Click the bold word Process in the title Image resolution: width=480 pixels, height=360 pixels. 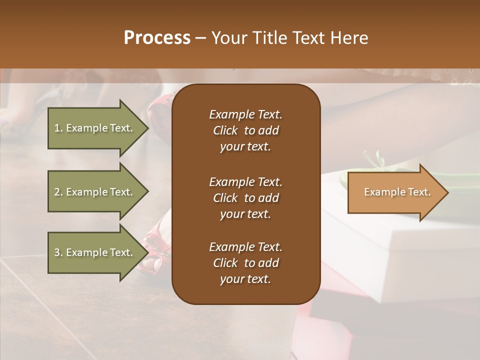[x=157, y=38]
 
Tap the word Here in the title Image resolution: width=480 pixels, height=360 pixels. [x=349, y=38]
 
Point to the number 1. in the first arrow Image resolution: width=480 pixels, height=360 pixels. [x=58, y=128]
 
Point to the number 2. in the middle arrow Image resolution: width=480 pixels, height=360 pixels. [x=58, y=192]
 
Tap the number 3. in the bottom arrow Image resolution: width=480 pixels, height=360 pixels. [x=58, y=252]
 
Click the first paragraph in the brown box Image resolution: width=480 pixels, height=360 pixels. [x=245, y=130]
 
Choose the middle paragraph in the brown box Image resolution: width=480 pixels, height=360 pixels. [x=245, y=197]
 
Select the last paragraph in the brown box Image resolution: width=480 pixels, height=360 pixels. [x=245, y=263]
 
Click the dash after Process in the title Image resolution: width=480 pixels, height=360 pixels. [x=200, y=38]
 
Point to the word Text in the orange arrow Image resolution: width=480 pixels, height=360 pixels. [x=419, y=192]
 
